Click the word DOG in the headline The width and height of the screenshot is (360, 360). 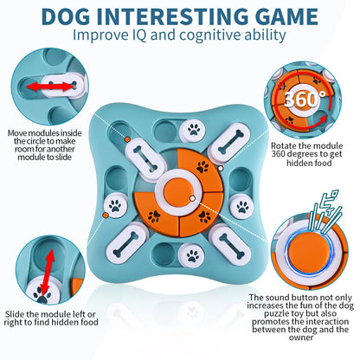65,16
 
